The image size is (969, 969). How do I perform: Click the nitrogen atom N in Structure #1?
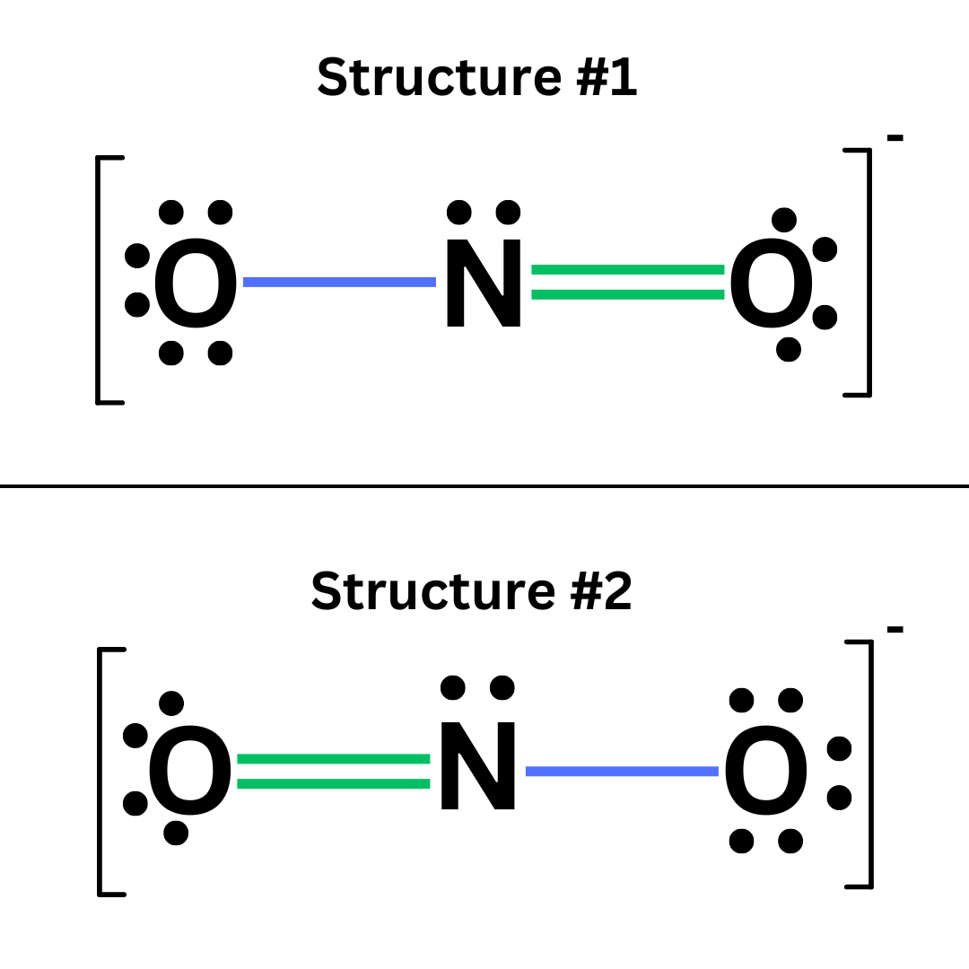tap(484, 283)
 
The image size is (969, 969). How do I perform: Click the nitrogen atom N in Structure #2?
tap(477, 766)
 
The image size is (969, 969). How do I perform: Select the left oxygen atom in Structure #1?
tap(196, 283)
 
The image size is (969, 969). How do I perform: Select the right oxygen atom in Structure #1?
tap(771, 283)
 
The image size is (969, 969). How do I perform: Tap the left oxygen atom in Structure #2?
tap(189, 770)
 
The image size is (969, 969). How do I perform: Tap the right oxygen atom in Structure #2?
tap(765, 770)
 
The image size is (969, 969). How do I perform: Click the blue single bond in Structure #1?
tap(339, 282)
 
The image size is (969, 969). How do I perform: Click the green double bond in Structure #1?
tap(627, 282)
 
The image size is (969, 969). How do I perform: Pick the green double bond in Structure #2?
tap(334, 772)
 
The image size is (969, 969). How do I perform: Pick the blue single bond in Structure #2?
tap(622, 771)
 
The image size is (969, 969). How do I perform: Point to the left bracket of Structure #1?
tap(100, 280)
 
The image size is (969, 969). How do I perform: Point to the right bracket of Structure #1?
tap(867, 272)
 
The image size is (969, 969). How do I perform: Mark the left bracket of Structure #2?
tap(101, 772)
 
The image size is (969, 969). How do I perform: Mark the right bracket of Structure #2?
tap(869, 764)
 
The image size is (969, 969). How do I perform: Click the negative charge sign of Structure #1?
tap(895, 138)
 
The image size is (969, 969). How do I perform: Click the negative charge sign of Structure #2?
tap(895, 630)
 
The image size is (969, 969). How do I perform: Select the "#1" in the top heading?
tap(607, 79)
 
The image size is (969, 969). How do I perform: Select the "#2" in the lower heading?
tap(602, 592)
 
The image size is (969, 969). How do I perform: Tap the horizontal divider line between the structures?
tap(484, 486)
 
